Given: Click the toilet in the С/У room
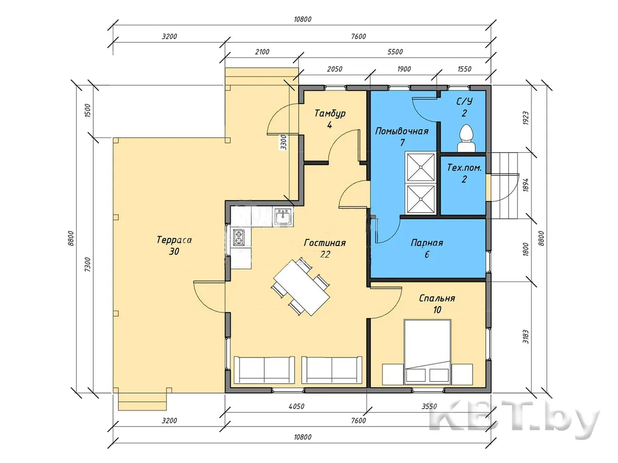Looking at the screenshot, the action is pyautogui.click(x=467, y=138).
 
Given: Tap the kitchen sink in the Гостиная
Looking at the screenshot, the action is pyautogui.click(x=282, y=217).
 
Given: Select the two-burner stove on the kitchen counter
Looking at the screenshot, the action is pyautogui.click(x=238, y=238).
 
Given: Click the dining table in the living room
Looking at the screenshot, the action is pyautogui.click(x=302, y=288).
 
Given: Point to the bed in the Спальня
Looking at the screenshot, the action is pyautogui.click(x=427, y=352).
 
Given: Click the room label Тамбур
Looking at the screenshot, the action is pyautogui.click(x=330, y=113).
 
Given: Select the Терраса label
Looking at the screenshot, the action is pyautogui.click(x=174, y=240).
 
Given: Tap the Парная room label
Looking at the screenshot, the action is pyautogui.click(x=427, y=243).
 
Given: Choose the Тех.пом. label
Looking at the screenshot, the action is pyautogui.click(x=465, y=168).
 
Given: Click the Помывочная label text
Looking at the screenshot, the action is pyautogui.click(x=402, y=131).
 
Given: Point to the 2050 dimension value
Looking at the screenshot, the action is pyautogui.click(x=334, y=69).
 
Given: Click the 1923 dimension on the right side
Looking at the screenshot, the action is pyautogui.click(x=526, y=118).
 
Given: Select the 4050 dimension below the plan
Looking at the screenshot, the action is pyautogui.click(x=297, y=406).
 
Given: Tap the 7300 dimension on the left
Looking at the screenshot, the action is pyautogui.click(x=88, y=264).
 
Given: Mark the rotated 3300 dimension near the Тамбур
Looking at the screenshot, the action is pyautogui.click(x=284, y=143).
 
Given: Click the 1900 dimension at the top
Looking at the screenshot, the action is pyautogui.click(x=404, y=69).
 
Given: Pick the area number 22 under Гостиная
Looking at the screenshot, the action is pyautogui.click(x=325, y=254).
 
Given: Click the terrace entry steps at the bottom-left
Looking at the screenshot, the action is pyautogui.click(x=142, y=401).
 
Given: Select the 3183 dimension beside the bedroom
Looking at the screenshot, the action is pyautogui.click(x=526, y=336).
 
